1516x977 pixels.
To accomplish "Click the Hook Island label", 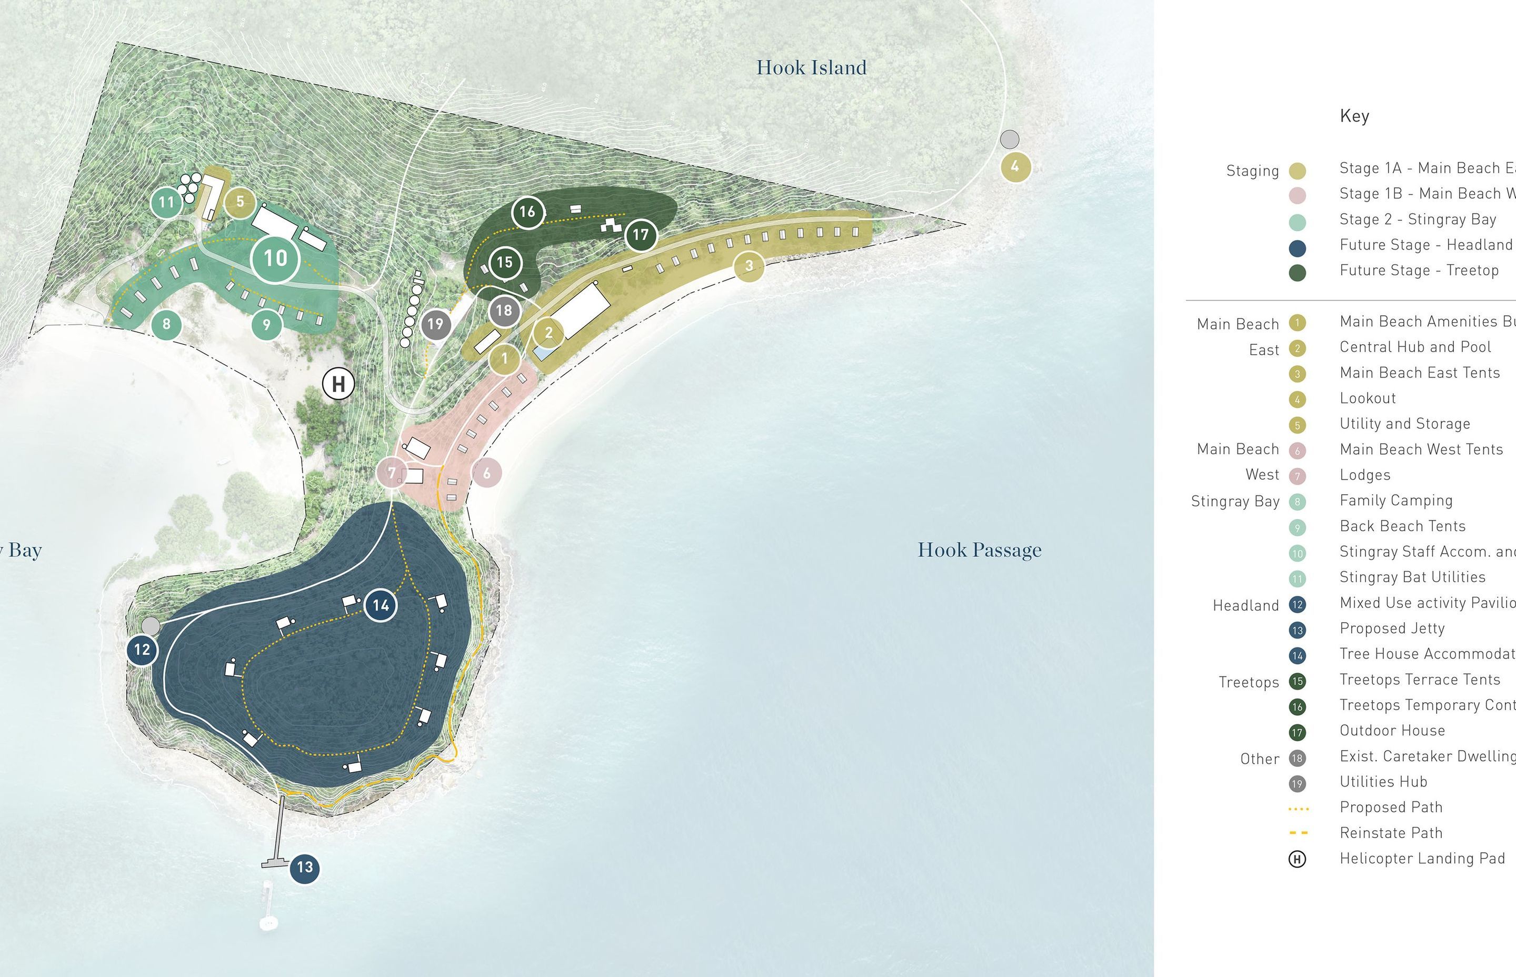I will [811, 67].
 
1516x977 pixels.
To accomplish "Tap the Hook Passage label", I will [980, 550].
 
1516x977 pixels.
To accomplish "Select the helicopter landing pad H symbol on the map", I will [338, 384].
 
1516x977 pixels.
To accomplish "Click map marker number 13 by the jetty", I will [304, 868].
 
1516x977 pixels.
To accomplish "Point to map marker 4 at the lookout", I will [1015, 167].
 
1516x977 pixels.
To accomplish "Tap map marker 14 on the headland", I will [381, 605].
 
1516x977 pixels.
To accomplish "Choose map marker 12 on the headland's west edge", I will [142, 650].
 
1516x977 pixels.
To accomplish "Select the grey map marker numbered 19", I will [435, 324].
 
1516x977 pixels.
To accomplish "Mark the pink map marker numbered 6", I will [486, 473].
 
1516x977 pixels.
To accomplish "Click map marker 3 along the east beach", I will [749, 266].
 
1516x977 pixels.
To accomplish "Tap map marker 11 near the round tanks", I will [166, 202].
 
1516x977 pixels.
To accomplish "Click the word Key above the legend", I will [1354, 116].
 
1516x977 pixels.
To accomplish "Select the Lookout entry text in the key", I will [1368, 398].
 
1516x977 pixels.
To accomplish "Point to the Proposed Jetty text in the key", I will [1392, 628].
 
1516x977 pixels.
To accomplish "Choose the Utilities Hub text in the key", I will [1383, 782].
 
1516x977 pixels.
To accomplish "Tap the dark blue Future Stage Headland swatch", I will [1297, 247].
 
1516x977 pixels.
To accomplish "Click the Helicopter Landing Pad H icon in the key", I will [1297, 859].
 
